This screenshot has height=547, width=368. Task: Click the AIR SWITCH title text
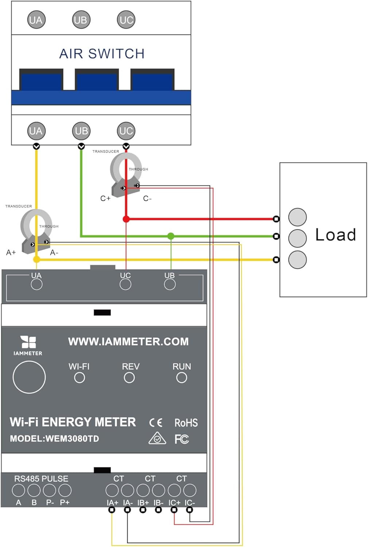pyautogui.click(x=102, y=54)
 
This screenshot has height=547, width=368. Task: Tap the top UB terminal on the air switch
pyautogui.click(x=81, y=20)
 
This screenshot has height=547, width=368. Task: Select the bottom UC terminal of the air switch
pyautogui.click(x=126, y=131)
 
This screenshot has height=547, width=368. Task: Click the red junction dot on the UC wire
pyautogui.click(x=126, y=219)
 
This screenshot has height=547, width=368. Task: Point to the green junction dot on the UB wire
pyautogui.click(x=171, y=236)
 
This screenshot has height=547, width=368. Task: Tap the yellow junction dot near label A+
pyautogui.click(x=36, y=259)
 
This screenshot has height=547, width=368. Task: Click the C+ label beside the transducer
pyautogui.click(x=105, y=198)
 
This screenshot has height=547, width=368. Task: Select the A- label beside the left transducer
pyautogui.click(x=54, y=252)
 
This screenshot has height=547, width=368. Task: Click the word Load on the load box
pyautogui.click(x=335, y=235)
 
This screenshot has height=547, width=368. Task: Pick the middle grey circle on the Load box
pyautogui.click(x=297, y=238)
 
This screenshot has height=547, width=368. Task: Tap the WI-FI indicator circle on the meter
pyautogui.click(x=80, y=378)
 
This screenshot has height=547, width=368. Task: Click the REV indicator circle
pyautogui.click(x=129, y=378)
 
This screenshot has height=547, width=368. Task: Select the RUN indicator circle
pyautogui.click(x=182, y=378)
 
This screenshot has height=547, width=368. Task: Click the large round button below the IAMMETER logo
pyautogui.click(x=29, y=377)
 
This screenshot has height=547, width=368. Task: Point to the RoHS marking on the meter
pyautogui.click(x=186, y=423)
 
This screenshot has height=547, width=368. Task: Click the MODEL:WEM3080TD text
pyautogui.click(x=54, y=438)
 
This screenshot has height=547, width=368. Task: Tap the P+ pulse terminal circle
pyautogui.click(x=65, y=490)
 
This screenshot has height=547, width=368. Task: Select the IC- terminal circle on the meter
pyautogui.click(x=190, y=490)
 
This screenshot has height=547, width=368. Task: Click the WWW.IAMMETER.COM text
pyautogui.click(x=128, y=342)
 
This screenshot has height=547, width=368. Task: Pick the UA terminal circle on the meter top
pyautogui.click(x=36, y=284)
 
